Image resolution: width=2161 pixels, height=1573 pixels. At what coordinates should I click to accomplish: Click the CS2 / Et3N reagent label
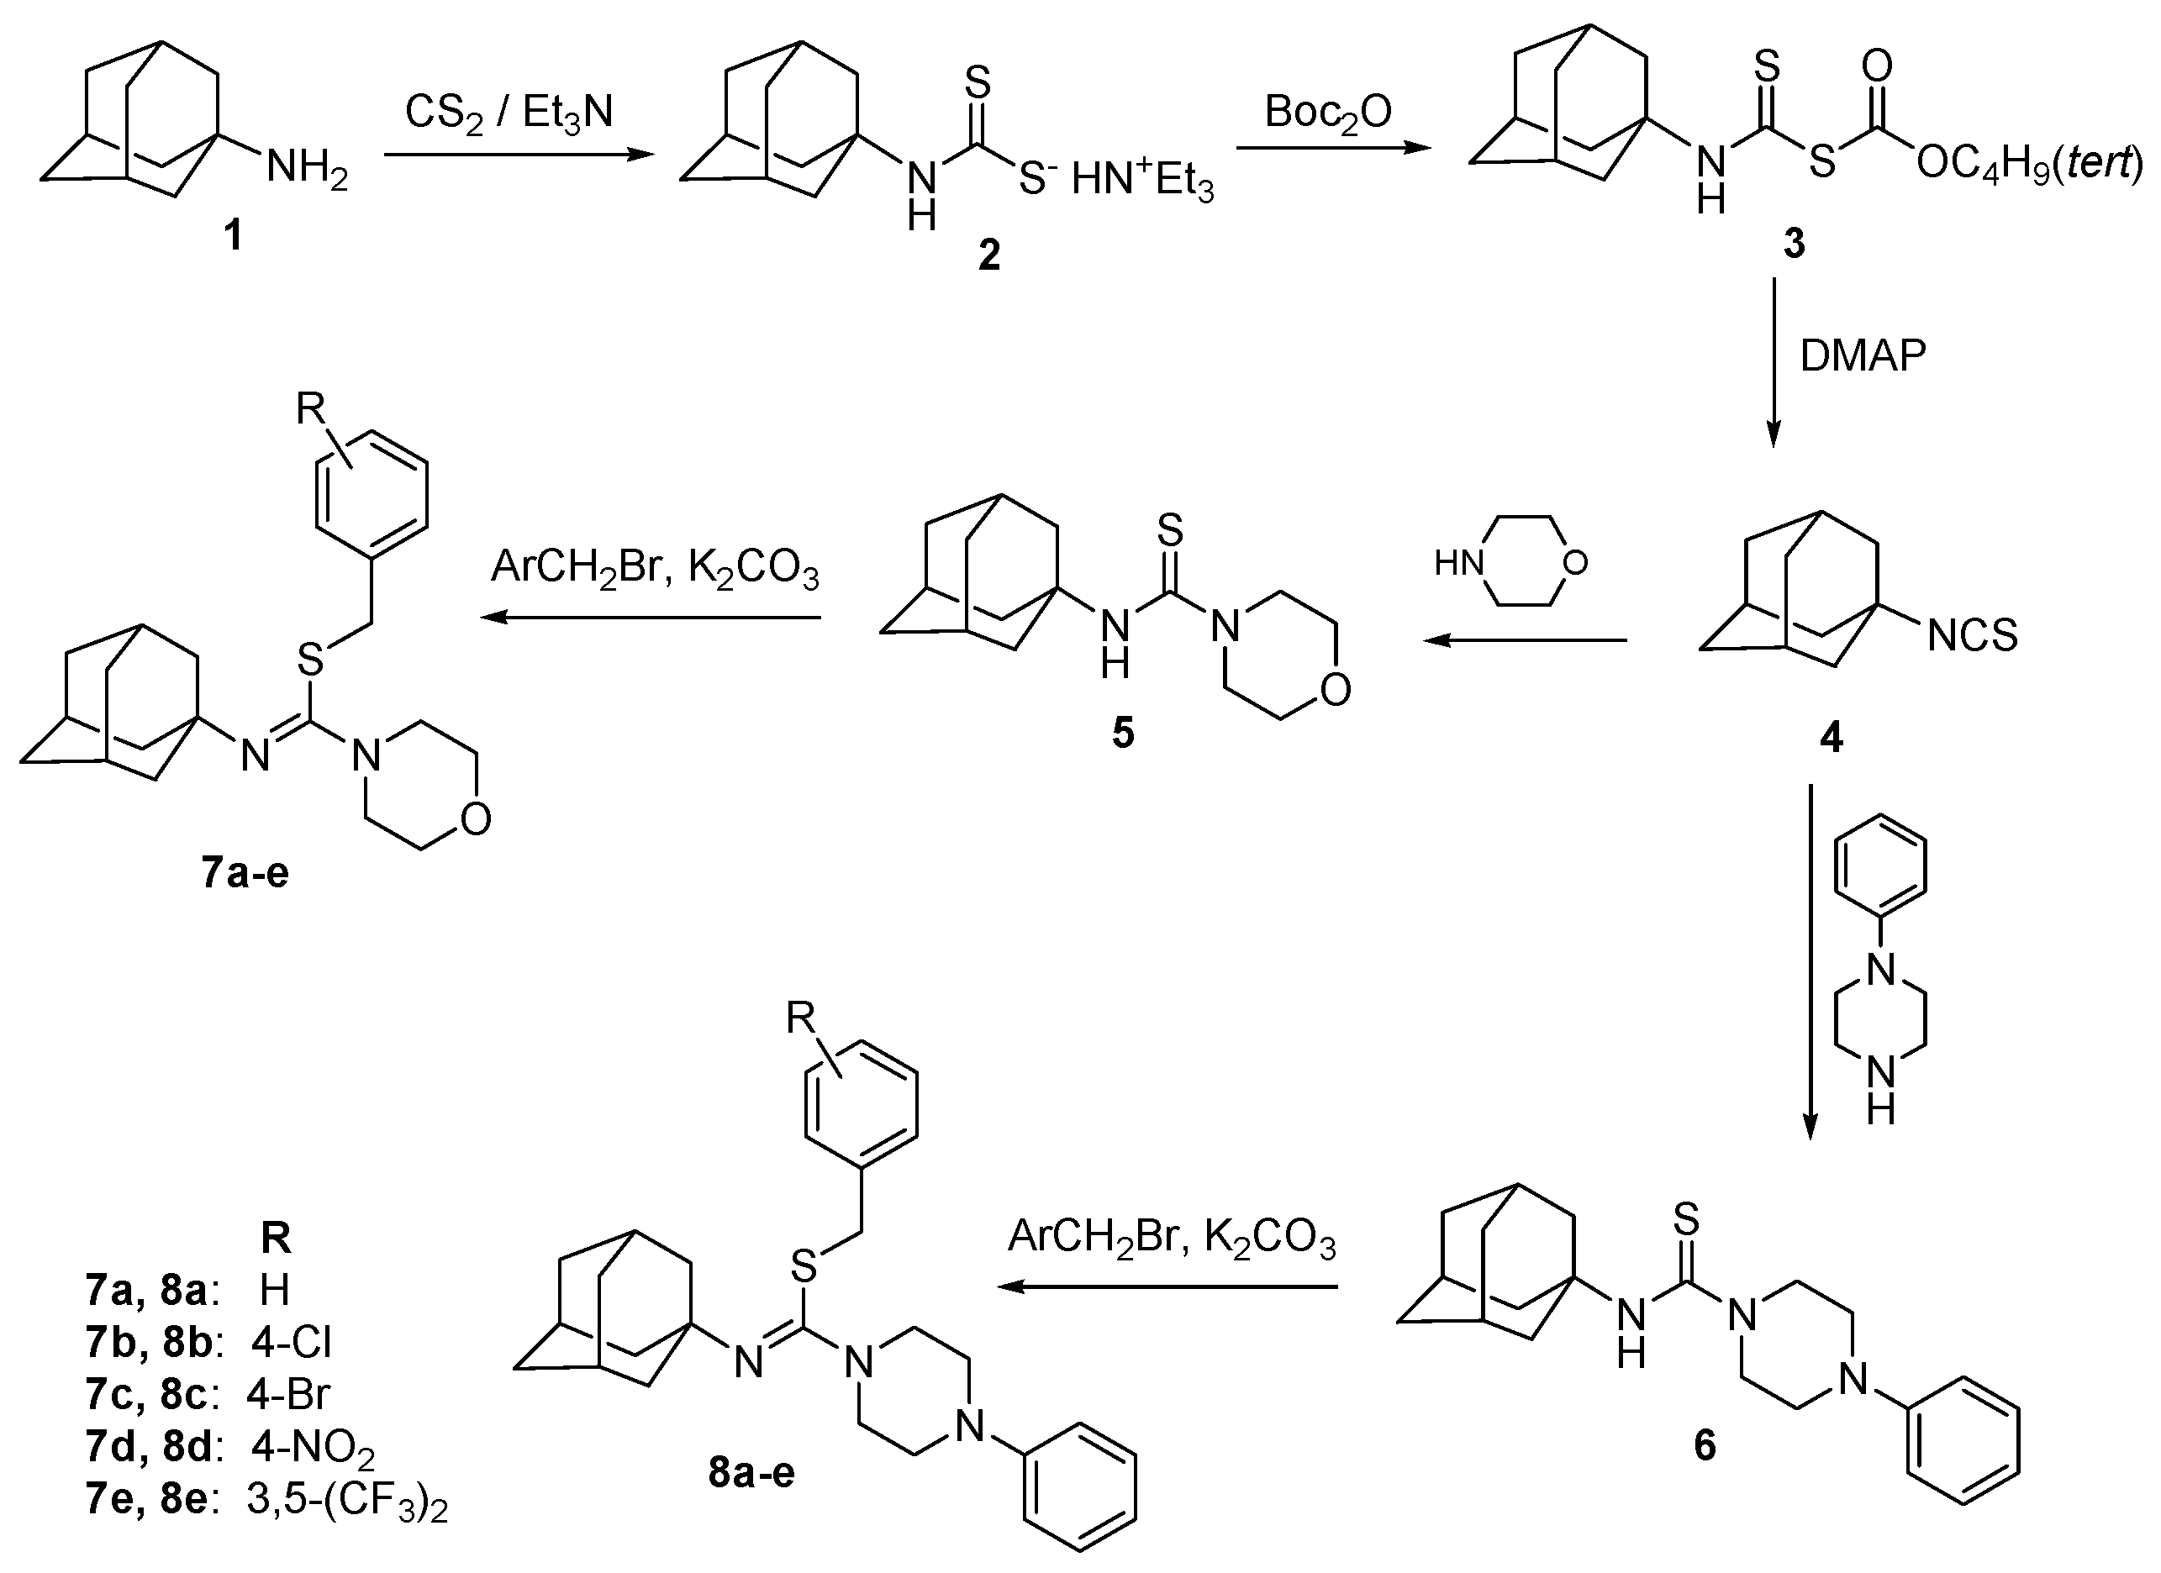[x=509, y=113]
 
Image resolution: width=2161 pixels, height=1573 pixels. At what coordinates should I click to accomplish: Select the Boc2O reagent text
[x=1328, y=113]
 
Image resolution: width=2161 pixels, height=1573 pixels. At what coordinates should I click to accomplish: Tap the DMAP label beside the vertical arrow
[x=1862, y=355]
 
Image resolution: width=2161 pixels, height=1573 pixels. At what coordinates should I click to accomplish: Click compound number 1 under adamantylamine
[x=234, y=234]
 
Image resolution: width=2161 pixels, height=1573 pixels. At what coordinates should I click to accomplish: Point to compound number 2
[x=989, y=255]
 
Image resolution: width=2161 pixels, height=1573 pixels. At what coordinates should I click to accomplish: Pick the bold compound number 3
[x=1795, y=244]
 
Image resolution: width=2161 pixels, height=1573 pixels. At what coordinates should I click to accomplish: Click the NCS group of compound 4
[x=1973, y=635]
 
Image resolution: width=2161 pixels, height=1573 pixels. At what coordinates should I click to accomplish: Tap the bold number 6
[x=1705, y=1445]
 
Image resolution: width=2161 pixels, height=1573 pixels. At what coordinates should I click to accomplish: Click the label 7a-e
[x=245, y=873]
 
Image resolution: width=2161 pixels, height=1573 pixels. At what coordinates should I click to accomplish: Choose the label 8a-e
[x=751, y=1472]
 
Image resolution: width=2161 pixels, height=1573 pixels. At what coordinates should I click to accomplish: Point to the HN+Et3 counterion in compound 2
[x=1142, y=181]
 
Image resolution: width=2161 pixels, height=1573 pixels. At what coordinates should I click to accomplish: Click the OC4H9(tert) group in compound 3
[x=2030, y=165]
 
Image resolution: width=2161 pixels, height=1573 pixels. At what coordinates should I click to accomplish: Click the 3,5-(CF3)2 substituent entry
[x=347, y=1500]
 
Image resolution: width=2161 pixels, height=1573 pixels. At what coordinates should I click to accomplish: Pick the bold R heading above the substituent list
[x=276, y=1239]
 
